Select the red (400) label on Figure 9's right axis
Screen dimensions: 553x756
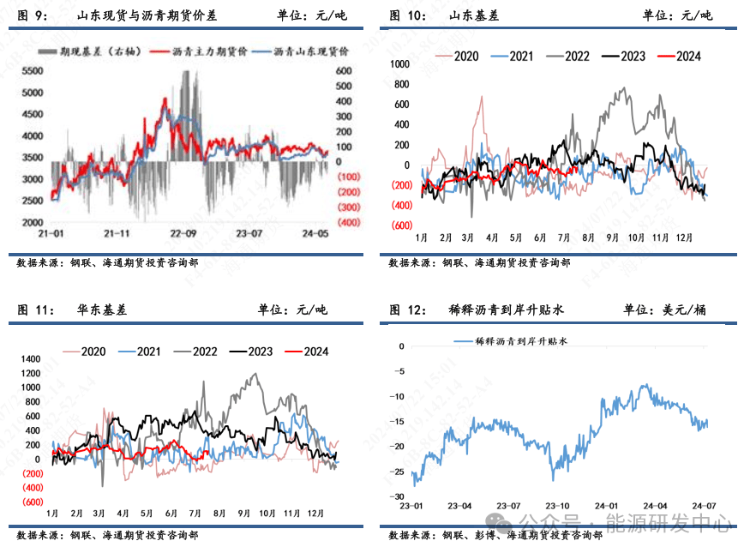pyautogui.click(x=347, y=223)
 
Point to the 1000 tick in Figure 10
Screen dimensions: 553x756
pyautogui.click(x=399, y=63)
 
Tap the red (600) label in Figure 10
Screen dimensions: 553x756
pyautogui.click(x=399, y=225)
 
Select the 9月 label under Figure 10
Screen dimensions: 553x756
pyautogui.click(x=613, y=237)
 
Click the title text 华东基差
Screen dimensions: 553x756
pyautogui.click(x=102, y=310)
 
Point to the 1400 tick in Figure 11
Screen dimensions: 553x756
pyautogui.click(x=31, y=358)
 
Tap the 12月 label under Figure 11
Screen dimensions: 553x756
pyautogui.click(x=316, y=513)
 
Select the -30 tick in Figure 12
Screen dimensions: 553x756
pyautogui.click(x=398, y=496)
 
